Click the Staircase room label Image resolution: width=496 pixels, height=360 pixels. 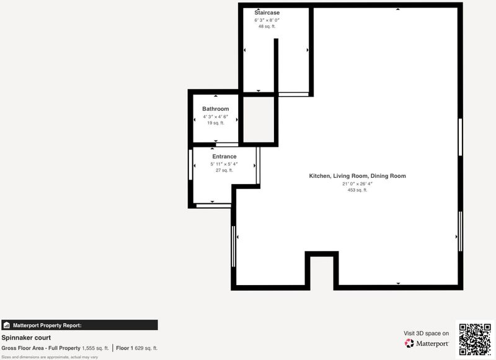[267, 12]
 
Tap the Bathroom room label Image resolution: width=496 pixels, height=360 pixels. [215, 108]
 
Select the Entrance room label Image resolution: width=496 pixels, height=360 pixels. [224, 156]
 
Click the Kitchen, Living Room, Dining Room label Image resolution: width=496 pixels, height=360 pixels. [358, 176]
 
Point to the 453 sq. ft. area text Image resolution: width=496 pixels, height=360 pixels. [358, 190]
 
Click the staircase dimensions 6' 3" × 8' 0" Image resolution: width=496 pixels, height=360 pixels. [267, 20]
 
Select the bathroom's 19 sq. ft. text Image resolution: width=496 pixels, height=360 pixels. [215, 123]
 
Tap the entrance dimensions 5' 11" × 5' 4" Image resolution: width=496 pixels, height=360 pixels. [224, 164]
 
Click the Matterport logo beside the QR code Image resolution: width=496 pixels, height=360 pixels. [427, 343]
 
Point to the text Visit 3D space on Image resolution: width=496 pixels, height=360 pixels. [426, 333]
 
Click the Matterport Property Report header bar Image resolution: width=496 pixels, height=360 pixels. [79, 325]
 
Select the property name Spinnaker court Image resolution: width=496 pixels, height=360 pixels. [26, 338]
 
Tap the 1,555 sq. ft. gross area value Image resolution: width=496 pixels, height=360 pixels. [95, 348]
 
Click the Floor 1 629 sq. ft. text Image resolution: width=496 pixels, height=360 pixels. [136, 348]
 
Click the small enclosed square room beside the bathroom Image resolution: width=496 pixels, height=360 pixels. [259, 120]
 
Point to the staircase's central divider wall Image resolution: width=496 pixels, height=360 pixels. [276, 66]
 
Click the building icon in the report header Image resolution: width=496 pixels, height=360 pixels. [6, 325]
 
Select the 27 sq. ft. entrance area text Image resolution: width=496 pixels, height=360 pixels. [224, 170]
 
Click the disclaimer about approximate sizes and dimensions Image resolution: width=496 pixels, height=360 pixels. [50, 357]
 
